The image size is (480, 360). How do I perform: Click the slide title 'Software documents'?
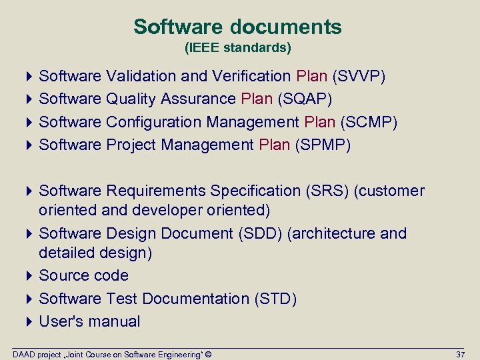pyautogui.click(x=237, y=27)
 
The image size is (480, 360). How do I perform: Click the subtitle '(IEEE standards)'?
pyautogui.click(x=237, y=49)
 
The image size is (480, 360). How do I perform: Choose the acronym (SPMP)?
pyautogui.click(x=322, y=145)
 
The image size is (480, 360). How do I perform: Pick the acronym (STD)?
pyautogui.click(x=275, y=299)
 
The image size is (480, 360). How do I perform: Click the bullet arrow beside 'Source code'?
pyautogui.click(x=32, y=275)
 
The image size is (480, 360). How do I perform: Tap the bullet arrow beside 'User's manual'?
pyautogui.click(x=32, y=321)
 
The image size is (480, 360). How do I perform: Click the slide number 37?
pyautogui.click(x=460, y=353)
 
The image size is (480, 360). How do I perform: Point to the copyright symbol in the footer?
pyautogui.click(x=209, y=353)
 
